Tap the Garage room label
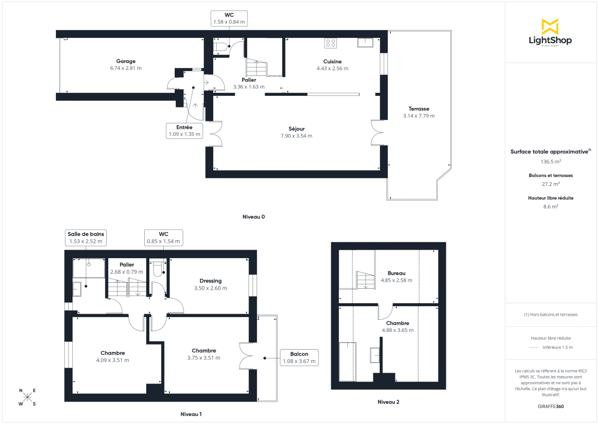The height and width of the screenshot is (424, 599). tap(126, 61)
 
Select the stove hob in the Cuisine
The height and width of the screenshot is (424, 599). tap(330, 43)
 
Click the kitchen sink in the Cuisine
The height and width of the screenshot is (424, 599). tap(365, 42)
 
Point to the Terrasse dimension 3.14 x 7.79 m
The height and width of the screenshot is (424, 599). tap(419, 116)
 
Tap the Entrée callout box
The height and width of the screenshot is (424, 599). tap(184, 130)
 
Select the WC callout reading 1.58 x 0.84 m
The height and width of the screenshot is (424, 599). tap(230, 18)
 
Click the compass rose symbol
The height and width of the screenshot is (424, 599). tap(27, 397)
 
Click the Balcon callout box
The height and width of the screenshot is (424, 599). tap(299, 358)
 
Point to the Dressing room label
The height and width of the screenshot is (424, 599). tap(210, 281)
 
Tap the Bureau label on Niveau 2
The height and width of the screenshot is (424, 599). tap(396, 273)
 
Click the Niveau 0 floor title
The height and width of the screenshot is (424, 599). tap(254, 217)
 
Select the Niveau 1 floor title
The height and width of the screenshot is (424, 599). tap(191, 415)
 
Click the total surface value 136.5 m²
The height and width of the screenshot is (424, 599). tap(551, 161)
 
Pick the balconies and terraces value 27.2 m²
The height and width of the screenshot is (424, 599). tap(551, 184)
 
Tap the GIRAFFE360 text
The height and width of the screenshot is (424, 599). tap(551, 407)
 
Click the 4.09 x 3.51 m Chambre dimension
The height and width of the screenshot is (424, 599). tap(113, 360)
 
